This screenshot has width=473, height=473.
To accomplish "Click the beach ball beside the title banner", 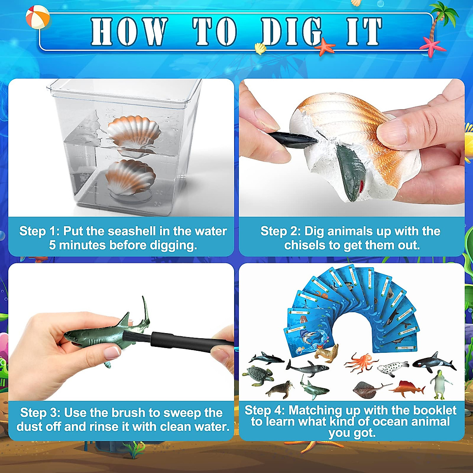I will click(37, 17).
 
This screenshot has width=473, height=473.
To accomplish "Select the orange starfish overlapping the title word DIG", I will click(325, 47).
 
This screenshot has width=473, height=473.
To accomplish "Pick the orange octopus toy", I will click(361, 361).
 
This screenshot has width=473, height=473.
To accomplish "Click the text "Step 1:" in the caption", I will click(39, 231).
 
